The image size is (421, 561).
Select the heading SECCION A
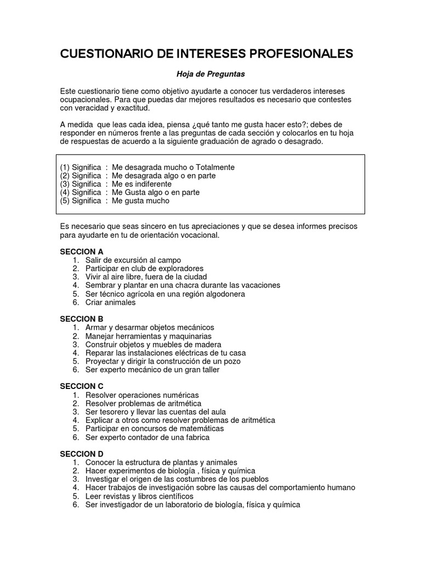click(x=82, y=251)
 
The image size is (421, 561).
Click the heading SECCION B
click(x=82, y=319)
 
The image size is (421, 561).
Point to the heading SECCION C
click(x=82, y=386)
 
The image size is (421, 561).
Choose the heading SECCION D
click(x=82, y=454)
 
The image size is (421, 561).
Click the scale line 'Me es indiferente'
click(x=141, y=184)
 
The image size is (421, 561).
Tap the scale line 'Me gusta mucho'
click(x=140, y=201)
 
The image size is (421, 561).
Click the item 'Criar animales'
click(x=110, y=302)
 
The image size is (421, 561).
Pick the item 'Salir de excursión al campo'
click(x=133, y=260)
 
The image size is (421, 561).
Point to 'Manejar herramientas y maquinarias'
click(x=148, y=336)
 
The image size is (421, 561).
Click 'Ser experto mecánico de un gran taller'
click(x=152, y=370)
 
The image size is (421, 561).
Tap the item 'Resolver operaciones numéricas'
click(x=142, y=395)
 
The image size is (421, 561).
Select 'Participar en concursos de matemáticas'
click(x=155, y=428)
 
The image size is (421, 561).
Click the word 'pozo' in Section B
click(x=232, y=361)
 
